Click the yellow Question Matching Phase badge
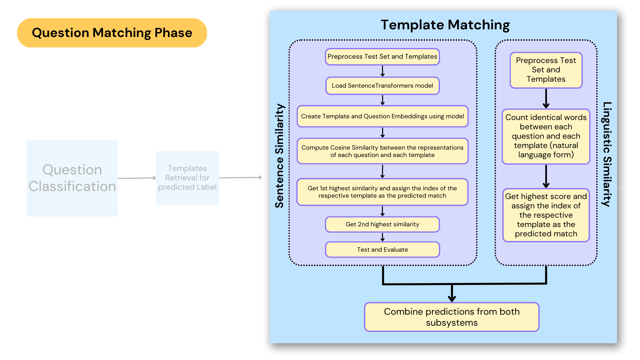click(x=112, y=33)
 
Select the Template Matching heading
click(x=445, y=25)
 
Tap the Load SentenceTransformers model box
click(x=382, y=86)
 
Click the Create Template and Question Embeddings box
click(x=382, y=116)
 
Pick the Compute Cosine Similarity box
click(x=382, y=151)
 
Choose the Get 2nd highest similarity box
click(x=382, y=224)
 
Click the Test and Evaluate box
click(x=382, y=250)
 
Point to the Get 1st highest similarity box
click(x=382, y=192)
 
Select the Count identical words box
click(x=546, y=136)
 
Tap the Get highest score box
click(x=546, y=215)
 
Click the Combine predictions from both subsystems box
click(x=452, y=317)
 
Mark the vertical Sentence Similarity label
click(x=279, y=156)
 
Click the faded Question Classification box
click(x=72, y=178)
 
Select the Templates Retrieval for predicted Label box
click(x=187, y=178)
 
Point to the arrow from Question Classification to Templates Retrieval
click(x=137, y=178)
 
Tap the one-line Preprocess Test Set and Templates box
click(x=382, y=57)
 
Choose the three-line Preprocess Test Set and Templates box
click(x=546, y=70)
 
